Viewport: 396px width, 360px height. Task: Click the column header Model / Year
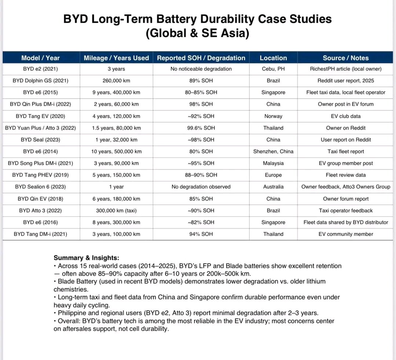40,58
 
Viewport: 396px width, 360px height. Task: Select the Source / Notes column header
345,58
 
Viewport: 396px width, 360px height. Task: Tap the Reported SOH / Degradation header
201,58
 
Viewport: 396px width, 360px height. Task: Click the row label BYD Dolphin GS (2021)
40,81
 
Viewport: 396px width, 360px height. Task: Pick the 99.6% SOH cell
201,128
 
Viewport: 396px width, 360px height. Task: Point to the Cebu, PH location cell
273,69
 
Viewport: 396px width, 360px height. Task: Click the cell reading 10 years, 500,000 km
116,151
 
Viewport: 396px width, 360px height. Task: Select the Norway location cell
273,116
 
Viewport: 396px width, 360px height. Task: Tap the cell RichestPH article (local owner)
345,69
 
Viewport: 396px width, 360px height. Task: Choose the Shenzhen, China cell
273,151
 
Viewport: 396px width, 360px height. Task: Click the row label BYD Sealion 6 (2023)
40,187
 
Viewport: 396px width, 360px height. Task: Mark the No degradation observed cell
201,187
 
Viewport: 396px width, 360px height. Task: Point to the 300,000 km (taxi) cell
116,210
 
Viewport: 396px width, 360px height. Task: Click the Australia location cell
273,187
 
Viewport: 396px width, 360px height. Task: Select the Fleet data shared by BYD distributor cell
345,222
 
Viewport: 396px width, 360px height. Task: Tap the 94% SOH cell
201,234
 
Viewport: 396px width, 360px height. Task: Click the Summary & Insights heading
86,258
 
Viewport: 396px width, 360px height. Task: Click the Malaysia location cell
273,163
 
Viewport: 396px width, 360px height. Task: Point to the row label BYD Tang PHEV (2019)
40,175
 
